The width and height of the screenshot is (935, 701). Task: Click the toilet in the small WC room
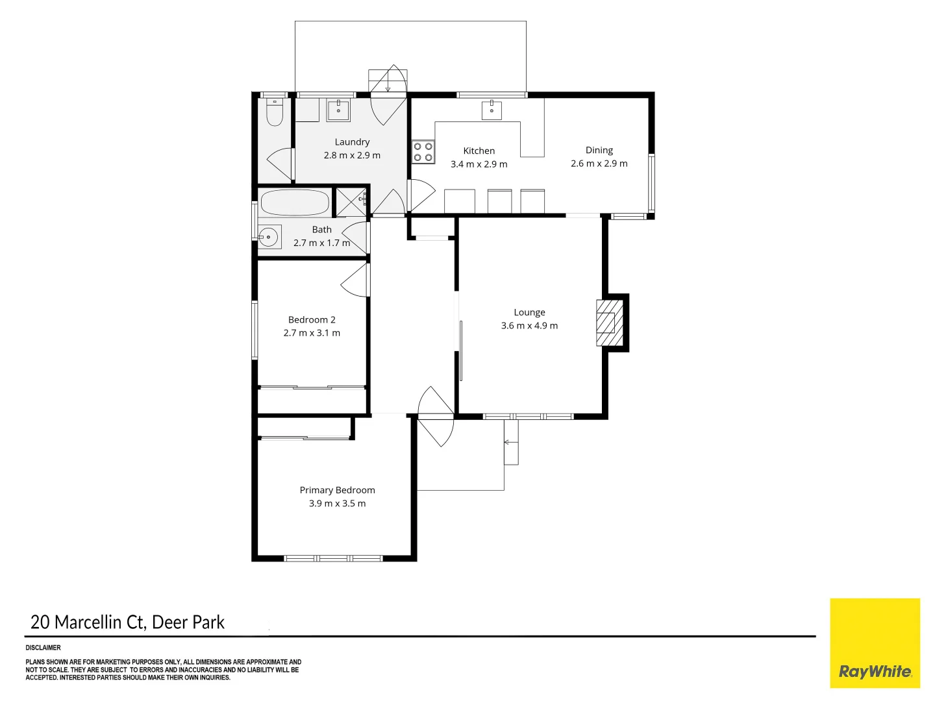tap(274, 112)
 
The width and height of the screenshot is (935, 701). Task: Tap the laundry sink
tap(338, 110)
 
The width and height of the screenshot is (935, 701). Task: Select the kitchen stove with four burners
tap(423, 152)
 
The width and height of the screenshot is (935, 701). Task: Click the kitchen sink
tap(492, 110)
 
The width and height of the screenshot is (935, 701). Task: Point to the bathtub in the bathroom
tap(295, 203)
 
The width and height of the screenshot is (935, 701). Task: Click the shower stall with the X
tap(351, 202)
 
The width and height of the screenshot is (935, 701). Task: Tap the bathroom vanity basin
tap(269, 237)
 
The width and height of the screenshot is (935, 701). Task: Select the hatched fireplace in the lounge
tap(610, 323)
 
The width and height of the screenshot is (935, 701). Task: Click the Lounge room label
tap(529, 312)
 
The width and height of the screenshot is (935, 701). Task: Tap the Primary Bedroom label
tap(338, 490)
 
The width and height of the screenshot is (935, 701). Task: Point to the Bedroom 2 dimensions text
tap(312, 333)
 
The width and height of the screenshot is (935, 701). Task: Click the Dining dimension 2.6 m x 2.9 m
tap(599, 164)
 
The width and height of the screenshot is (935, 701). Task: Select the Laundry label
tap(352, 141)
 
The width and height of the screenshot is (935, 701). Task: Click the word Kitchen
tap(479, 151)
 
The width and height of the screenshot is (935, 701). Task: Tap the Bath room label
tap(321, 229)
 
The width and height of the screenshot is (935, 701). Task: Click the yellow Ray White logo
tap(875, 643)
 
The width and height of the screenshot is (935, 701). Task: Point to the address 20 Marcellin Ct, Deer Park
tap(127, 622)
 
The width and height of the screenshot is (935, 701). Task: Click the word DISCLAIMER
tap(43, 647)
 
